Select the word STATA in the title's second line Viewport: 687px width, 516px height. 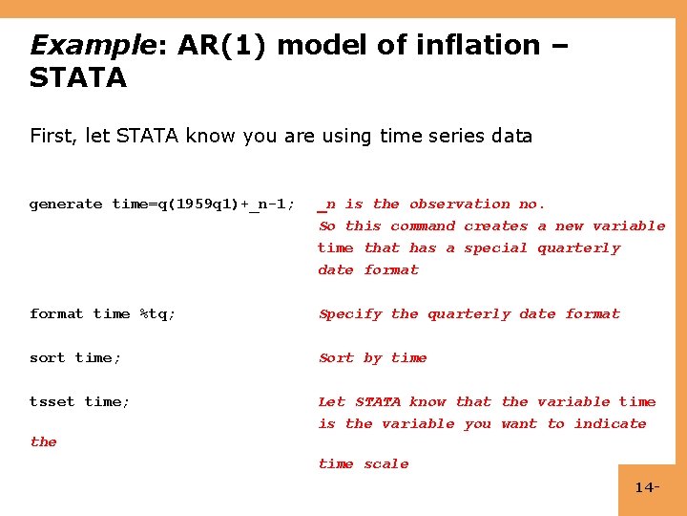pyautogui.click(x=77, y=77)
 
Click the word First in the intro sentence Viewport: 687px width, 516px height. pyautogui.click(x=52, y=136)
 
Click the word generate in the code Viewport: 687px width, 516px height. pyautogui.click(x=66, y=204)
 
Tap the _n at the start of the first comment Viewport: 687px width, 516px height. pyautogui.click(x=327, y=204)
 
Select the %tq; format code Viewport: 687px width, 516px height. pyautogui.click(x=157, y=313)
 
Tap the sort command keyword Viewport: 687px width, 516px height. pyautogui.click(x=48, y=357)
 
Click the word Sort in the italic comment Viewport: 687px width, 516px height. pyautogui.click(x=336, y=357)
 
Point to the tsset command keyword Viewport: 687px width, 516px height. pyautogui.click(x=52, y=401)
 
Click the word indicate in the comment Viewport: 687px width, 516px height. pyautogui.click(x=610, y=423)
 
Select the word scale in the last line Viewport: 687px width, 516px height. pyautogui.click(x=385, y=463)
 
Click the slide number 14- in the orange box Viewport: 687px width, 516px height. pyautogui.click(x=646, y=488)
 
